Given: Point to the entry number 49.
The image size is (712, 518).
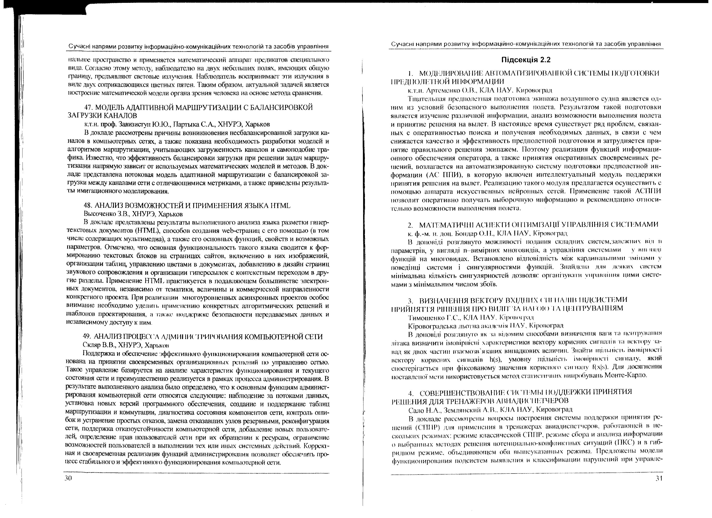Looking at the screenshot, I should point(88,337).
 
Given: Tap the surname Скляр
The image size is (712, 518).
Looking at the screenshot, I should point(91,346).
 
